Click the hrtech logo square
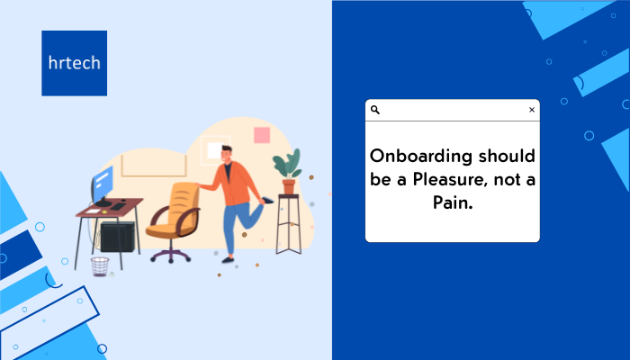75,63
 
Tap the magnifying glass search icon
375,110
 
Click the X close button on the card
532,110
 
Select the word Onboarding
420,156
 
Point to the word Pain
453,202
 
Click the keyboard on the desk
118,206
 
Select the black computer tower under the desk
117,237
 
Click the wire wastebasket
100,266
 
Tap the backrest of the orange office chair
184,204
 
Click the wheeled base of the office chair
171,255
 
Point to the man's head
227,154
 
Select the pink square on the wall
262,135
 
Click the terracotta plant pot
289,186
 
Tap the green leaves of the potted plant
287,164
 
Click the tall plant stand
289,224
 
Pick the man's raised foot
267,200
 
